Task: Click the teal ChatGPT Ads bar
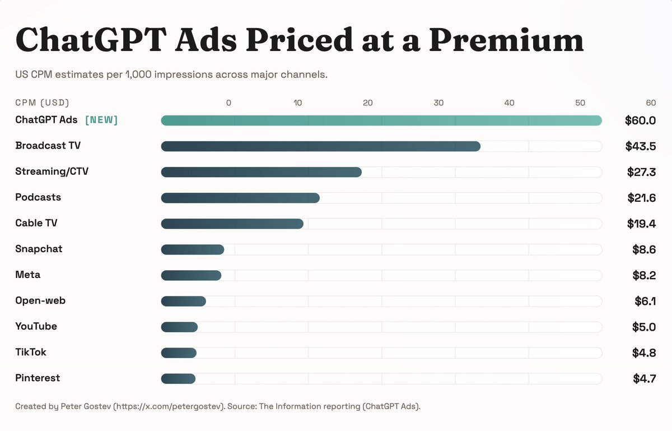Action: coord(381,121)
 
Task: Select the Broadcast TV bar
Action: coord(320,146)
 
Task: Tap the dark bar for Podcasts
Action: coord(240,198)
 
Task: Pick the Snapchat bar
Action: coord(192,249)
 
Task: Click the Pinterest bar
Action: coord(178,379)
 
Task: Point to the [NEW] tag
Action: coord(101,120)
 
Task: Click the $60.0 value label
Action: coord(640,121)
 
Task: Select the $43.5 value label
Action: coord(640,146)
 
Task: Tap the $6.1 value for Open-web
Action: coord(645,301)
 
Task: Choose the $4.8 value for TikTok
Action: coord(643,353)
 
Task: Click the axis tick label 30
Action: coord(438,103)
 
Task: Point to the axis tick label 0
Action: coord(228,103)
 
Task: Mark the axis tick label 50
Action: coord(580,103)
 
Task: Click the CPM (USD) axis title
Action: coord(42,103)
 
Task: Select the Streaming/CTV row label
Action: coord(52,172)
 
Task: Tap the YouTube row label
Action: coord(36,326)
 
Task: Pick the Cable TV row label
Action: coord(36,223)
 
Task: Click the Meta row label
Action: coord(27,275)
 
